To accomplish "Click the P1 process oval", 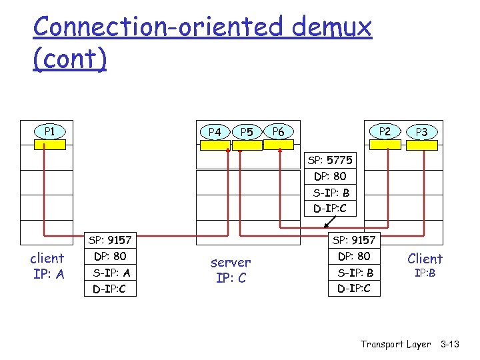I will pos(49,131).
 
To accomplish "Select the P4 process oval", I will pos(215,132).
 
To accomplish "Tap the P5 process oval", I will pos(247,132).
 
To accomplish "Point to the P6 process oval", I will pos(279,132).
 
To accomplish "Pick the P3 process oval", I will pos(421,132).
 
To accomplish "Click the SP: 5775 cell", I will pos(330,160).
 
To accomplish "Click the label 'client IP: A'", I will pos(47,265).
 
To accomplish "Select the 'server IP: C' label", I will pos(231,270).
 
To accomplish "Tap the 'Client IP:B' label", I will pos(425,264).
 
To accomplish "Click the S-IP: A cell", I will pos(111,272).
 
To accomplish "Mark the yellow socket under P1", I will pos(50,144).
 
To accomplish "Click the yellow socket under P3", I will pos(421,145).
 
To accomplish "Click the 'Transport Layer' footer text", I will pos(395,344).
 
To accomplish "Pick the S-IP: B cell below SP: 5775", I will pos(330,193).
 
